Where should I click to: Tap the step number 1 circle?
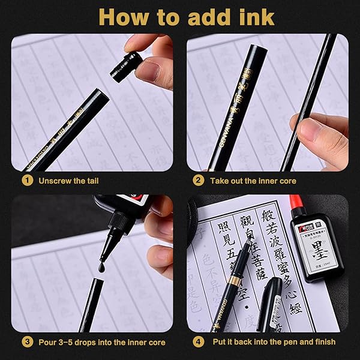(x=27, y=180)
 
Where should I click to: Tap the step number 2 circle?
(x=199, y=180)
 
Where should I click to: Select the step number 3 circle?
(x=27, y=341)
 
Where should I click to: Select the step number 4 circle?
(x=199, y=341)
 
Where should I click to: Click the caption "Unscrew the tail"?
(x=69, y=180)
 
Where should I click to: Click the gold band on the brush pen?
(x=235, y=281)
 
